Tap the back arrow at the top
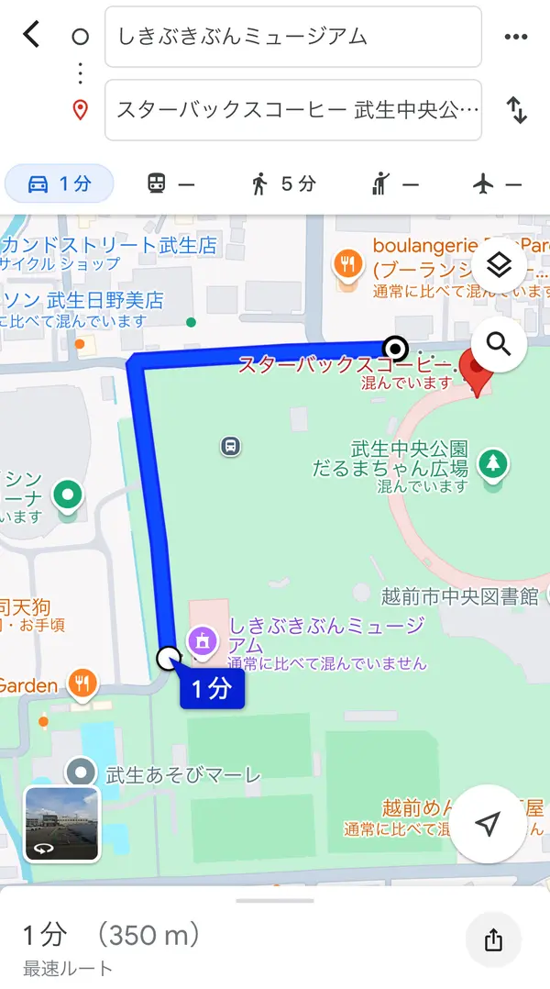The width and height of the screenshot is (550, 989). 32,36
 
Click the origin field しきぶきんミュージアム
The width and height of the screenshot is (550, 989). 292,37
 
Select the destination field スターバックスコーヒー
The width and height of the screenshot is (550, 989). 292,110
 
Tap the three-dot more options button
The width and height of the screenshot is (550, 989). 516,37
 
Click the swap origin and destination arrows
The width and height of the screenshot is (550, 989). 517,110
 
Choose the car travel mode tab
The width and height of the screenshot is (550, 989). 60,183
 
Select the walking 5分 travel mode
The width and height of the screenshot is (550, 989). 283,183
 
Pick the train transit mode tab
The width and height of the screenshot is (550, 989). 170,183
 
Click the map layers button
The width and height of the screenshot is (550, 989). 498,265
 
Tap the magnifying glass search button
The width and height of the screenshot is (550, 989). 498,344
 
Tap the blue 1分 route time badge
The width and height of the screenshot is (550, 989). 212,689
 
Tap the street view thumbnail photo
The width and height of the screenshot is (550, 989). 60,823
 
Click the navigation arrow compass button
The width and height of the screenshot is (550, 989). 489,824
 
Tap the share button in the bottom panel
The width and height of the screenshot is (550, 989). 493,939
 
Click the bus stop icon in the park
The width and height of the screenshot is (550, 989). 230,447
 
